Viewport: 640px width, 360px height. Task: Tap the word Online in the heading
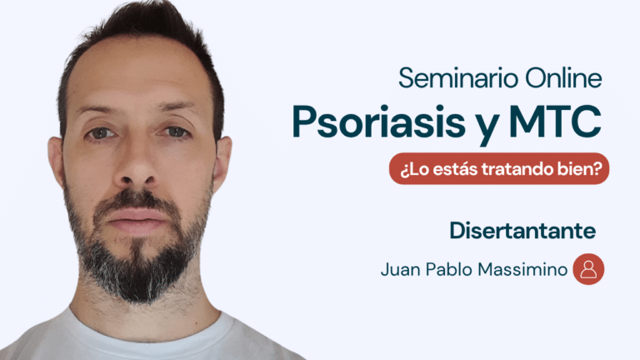tap(563, 77)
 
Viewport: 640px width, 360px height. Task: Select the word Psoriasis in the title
tap(379, 122)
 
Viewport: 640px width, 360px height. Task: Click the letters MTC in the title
tap(555, 121)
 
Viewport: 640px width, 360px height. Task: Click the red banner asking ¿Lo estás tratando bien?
tap(499, 168)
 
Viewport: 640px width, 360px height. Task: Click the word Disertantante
tap(522, 231)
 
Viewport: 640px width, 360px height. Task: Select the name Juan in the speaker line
tap(400, 269)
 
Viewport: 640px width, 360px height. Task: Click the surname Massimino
tap(522, 269)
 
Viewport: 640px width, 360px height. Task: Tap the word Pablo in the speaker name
tap(448, 269)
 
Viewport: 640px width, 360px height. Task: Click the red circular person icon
tap(588, 269)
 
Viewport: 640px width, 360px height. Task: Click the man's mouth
tap(137, 220)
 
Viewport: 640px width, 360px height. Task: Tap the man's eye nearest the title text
tap(176, 132)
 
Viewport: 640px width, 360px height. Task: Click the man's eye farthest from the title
tap(101, 132)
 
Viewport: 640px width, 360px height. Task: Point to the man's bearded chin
tap(137, 273)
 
